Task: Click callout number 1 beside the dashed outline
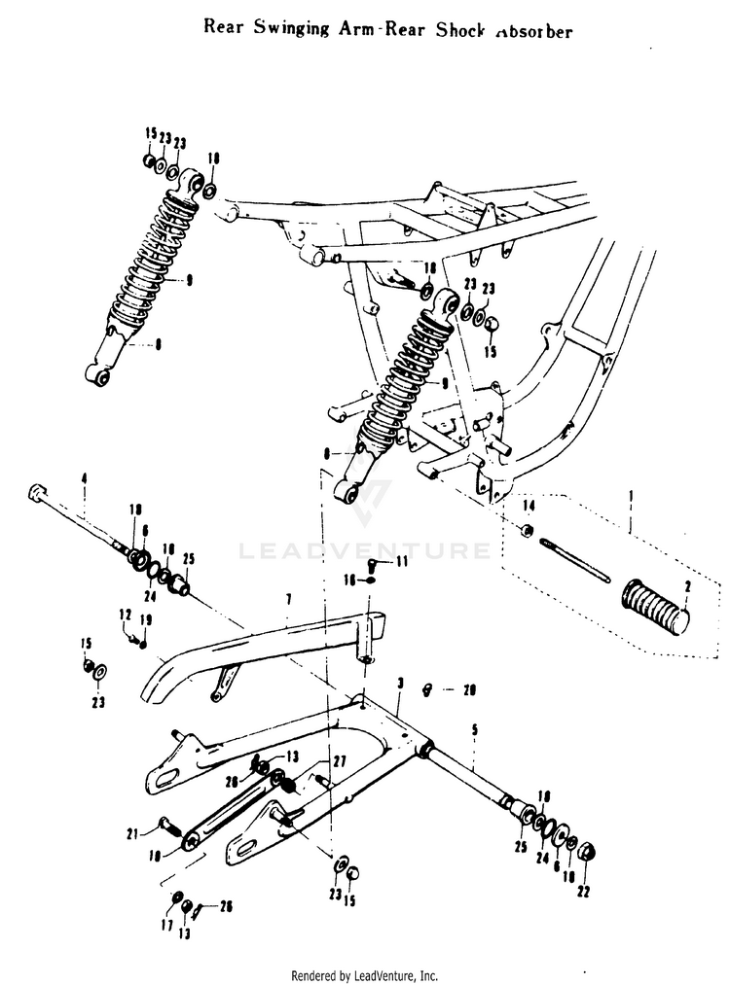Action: pyautogui.click(x=633, y=496)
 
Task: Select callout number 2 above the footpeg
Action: pyautogui.click(x=686, y=587)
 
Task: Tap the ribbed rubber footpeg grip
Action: pyautogui.click(x=656, y=606)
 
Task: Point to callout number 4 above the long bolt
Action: pyautogui.click(x=85, y=478)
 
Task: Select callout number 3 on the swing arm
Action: pyautogui.click(x=400, y=685)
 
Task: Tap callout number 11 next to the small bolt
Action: pyautogui.click(x=402, y=563)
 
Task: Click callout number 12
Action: pyautogui.click(x=125, y=614)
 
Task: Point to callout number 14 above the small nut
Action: pyautogui.click(x=529, y=507)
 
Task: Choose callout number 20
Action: pyautogui.click(x=470, y=691)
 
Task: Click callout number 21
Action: pyautogui.click(x=159, y=831)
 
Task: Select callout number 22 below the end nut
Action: pyautogui.click(x=584, y=893)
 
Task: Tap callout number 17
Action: pyautogui.click(x=166, y=925)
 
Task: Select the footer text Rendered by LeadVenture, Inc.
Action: pyautogui.click(x=365, y=974)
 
